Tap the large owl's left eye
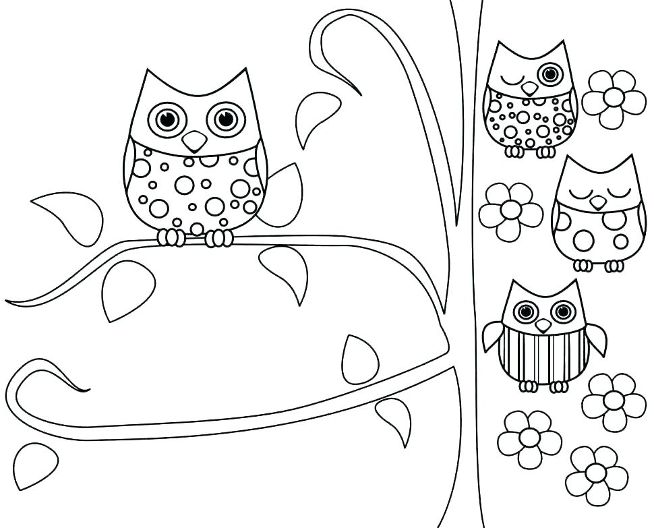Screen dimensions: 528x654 167,119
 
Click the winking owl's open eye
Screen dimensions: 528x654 551,73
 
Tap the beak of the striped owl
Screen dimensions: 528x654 543,326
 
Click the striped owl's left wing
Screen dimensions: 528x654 493,335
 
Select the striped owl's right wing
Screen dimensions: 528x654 596,336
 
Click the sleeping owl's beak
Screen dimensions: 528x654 597,202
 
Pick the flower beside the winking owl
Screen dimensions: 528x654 614,98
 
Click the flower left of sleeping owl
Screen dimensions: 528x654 510,211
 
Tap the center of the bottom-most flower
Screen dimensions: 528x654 596,473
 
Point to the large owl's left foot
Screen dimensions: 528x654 171,237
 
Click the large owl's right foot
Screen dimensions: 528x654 219,237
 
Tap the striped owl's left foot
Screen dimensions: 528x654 529,386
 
